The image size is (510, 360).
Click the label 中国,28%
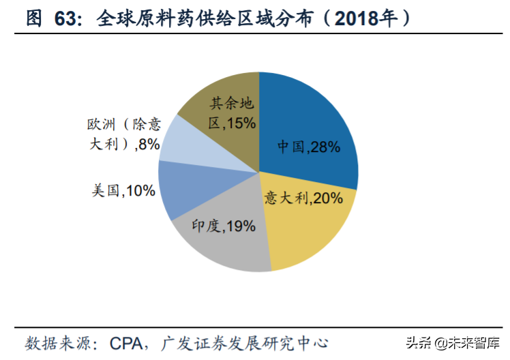click(308, 147)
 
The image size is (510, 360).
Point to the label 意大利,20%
click(303, 198)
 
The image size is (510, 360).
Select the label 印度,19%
click(223, 226)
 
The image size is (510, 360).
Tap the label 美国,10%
click(123, 191)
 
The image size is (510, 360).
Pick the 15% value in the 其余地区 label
click(241, 123)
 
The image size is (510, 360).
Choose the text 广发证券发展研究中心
click(255, 341)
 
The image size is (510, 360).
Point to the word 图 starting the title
click(34, 18)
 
